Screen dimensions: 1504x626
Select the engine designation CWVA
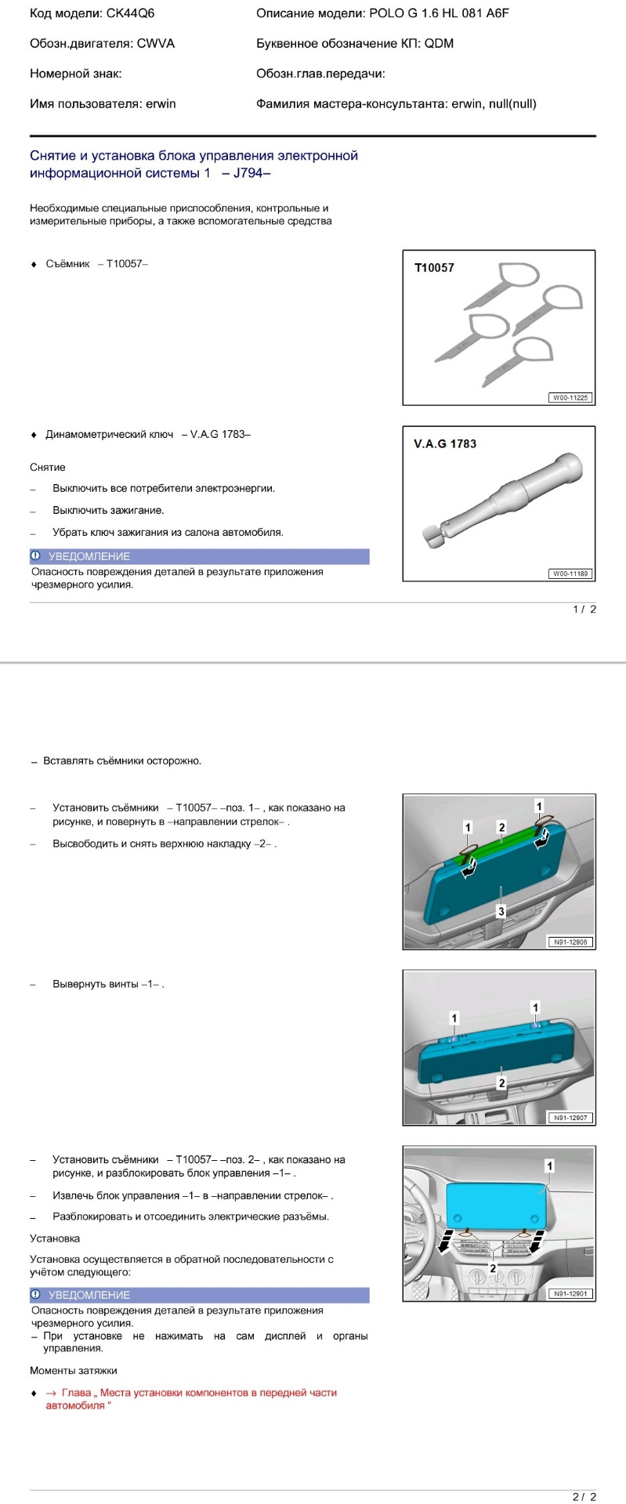click(x=156, y=44)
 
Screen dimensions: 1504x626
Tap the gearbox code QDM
click(x=439, y=44)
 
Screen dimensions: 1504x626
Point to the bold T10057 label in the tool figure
click(x=434, y=268)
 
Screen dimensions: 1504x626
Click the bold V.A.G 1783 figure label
click(x=444, y=444)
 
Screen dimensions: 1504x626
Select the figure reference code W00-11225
click(x=570, y=398)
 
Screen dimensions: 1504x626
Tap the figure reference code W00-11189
click(x=570, y=574)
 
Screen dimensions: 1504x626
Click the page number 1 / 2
click(x=584, y=609)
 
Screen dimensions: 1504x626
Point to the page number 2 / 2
click(x=584, y=1497)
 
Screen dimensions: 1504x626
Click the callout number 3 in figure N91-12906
click(x=501, y=911)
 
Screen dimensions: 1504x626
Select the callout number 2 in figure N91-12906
click(x=502, y=827)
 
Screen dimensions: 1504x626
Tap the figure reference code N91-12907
click(x=570, y=1118)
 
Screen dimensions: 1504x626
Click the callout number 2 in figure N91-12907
click(x=501, y=1083)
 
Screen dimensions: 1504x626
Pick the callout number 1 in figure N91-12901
click(x=549, y=1166)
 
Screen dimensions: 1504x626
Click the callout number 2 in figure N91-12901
click(x=493, y=1267)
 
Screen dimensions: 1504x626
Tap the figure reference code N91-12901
click(x=570, y=1293)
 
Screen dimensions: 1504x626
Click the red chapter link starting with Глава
click(x=191, y=1393)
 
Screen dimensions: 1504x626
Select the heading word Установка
click(x=55, y=1238)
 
